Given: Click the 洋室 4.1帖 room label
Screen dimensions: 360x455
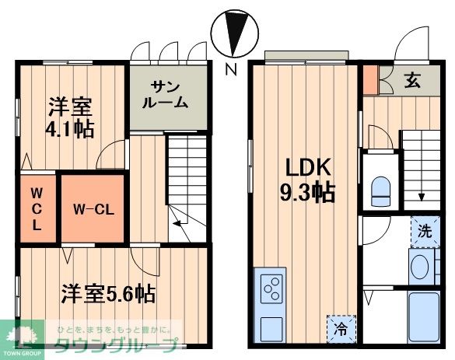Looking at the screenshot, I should [69, 117].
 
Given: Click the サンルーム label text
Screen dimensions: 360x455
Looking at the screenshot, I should [169, 94].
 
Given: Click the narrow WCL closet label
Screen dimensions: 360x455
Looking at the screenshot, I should [37, 208].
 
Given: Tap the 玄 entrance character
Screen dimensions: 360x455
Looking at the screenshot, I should [411, 81].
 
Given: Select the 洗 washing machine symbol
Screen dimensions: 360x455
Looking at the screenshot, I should [424, 230].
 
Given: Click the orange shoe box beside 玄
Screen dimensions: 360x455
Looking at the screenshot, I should [370, 79].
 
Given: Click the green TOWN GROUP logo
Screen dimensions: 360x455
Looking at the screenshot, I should [21, 341].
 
